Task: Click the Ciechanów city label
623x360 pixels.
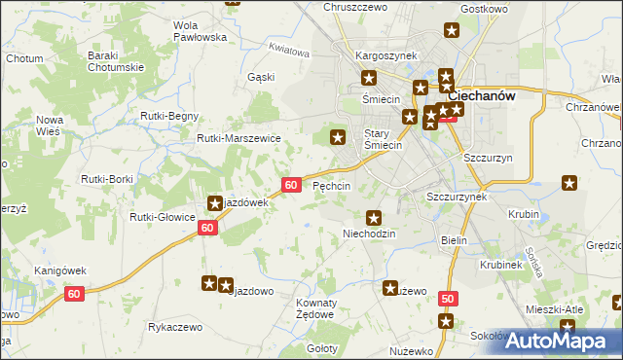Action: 481,96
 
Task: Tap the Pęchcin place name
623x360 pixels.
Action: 331,186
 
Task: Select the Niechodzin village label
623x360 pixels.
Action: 371,234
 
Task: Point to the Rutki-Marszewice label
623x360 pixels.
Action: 238,139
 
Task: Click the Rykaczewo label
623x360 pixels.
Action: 175,328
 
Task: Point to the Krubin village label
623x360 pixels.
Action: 524,212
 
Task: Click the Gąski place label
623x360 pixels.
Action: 260,76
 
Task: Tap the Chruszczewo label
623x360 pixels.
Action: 354,7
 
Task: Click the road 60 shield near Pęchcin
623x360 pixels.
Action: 290,185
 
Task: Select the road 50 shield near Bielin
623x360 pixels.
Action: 447,299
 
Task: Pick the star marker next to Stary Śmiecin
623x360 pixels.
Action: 338,137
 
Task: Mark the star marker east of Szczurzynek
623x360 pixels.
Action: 569,182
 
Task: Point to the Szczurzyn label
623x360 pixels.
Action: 488,158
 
